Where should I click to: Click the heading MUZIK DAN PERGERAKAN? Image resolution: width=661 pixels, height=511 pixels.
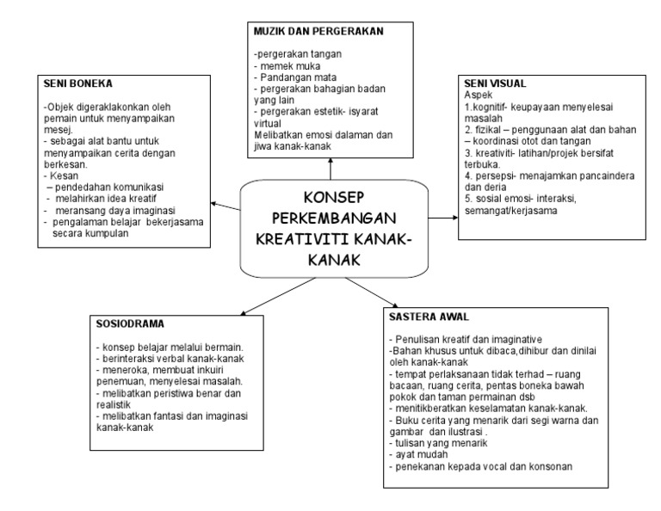point(318,31)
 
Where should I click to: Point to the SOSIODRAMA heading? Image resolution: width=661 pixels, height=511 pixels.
point(132,324)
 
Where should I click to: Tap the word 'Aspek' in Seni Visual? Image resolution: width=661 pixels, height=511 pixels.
point(479,94)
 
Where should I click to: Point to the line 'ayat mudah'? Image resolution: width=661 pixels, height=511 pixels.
point(420,453)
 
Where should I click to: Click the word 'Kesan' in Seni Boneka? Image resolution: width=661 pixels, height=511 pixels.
point(59,175)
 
